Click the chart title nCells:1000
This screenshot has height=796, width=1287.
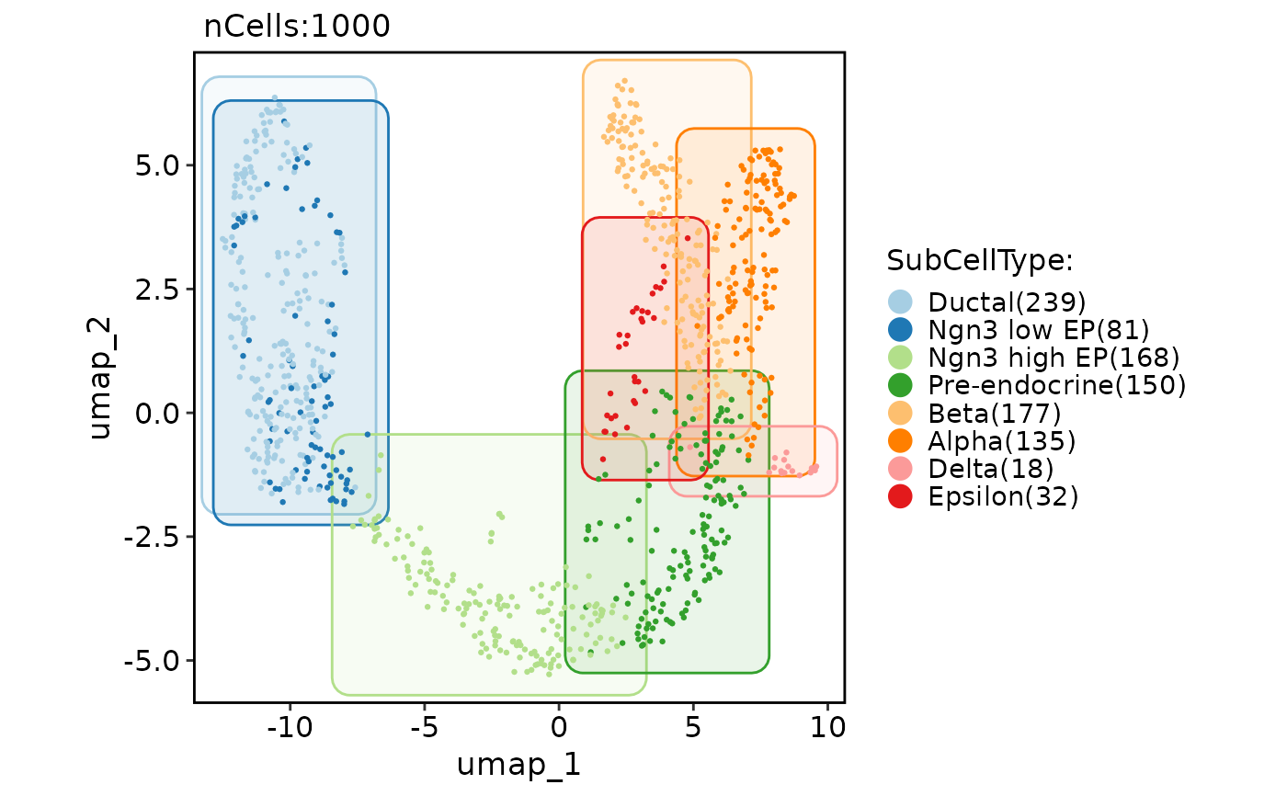point(297,28)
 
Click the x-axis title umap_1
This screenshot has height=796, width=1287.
point(518,765)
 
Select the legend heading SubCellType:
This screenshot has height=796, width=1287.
point(980,261)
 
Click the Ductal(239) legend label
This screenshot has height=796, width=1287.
point(1008,302)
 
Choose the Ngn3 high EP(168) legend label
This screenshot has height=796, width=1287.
point(1054,357)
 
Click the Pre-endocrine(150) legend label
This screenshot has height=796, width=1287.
point(1057,384)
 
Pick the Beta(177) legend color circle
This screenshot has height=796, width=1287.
point(901,413)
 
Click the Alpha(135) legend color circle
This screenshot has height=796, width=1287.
point(901,440)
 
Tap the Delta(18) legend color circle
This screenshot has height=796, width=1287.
point(901,468)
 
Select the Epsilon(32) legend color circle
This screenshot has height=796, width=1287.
point(901,496)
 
